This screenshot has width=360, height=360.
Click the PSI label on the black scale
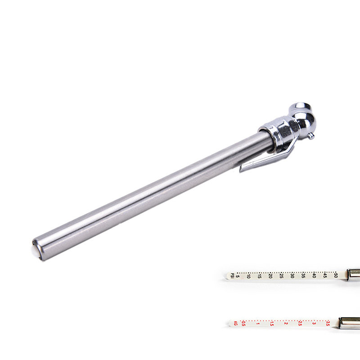click(x=232, y=275)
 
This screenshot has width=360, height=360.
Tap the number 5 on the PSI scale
click(x=238, y=276)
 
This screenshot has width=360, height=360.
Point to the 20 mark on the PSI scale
click(x=270, y=275)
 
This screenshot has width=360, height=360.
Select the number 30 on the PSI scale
click(x=292, y=275)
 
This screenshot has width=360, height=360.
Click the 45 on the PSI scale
click(x=325, y=275)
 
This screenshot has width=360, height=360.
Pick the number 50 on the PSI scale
click(x=336, y=275)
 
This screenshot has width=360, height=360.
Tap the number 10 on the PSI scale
click(x=248, y=276)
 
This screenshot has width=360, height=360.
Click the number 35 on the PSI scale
click(x=303, y=275)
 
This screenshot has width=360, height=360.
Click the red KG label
click(x=235, y=323)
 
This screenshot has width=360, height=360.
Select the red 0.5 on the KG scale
click(x=243, y=324)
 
